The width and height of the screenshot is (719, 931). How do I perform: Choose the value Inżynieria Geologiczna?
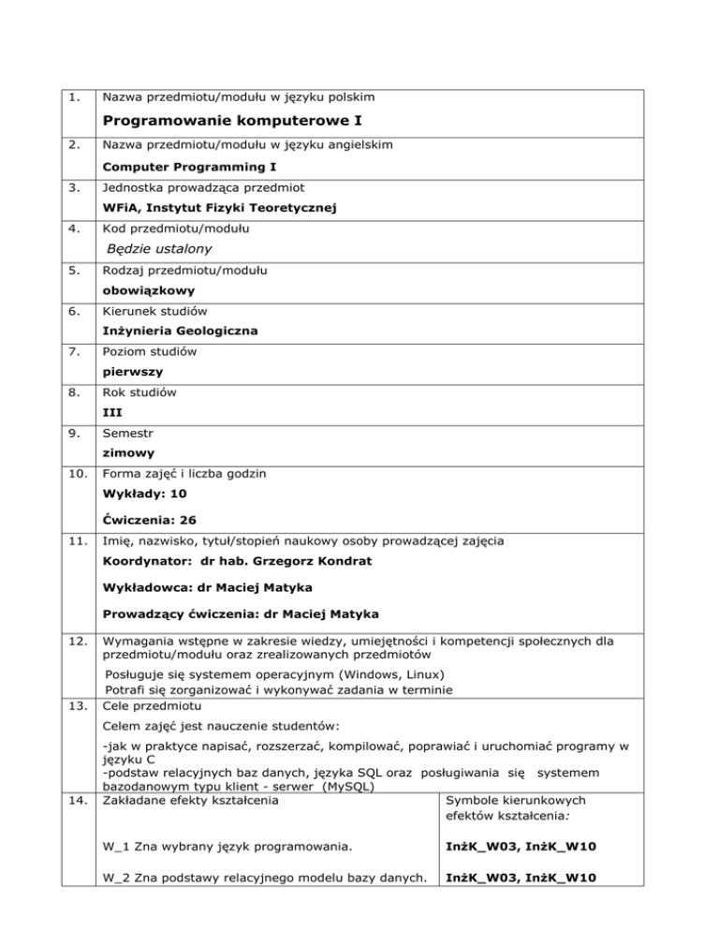[x=180, y=330]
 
